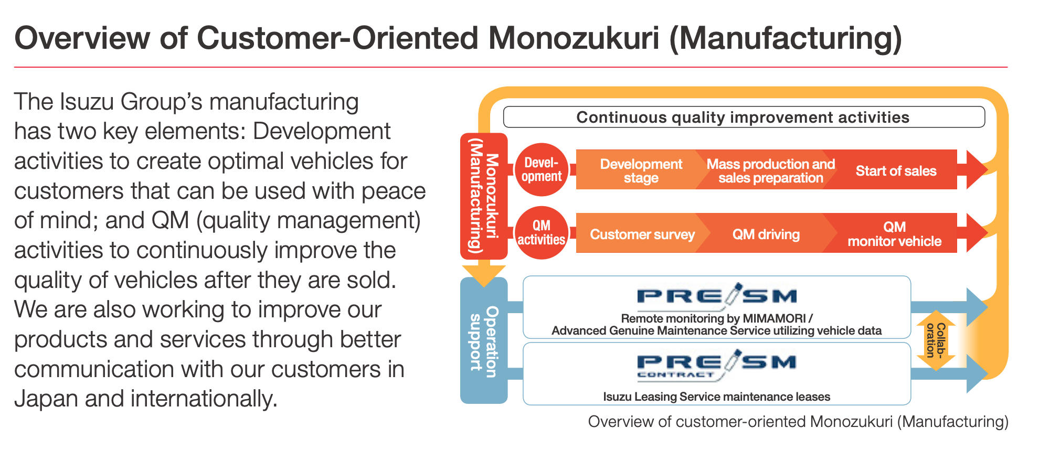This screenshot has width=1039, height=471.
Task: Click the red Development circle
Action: (542, 170)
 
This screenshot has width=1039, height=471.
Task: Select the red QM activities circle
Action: (542, 233)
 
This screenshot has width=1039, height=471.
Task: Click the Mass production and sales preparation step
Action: (769, 170)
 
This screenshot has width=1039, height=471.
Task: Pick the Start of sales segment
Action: (896, 170)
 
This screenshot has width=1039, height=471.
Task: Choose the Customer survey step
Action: (641, 234)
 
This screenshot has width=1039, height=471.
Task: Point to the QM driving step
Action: (766, 234)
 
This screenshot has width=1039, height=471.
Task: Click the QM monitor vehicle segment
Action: (894, 234)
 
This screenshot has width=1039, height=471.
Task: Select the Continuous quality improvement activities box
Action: (743, 117)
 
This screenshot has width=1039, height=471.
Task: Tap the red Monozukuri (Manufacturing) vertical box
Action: (483, 196)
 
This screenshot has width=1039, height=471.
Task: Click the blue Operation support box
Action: (483, 341)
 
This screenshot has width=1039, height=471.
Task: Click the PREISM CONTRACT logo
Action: (716, 365)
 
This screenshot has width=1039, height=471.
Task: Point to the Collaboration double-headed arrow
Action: (936, 340)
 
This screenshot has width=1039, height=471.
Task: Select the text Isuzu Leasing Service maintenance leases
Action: (716, 397)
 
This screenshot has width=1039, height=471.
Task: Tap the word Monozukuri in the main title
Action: (574, 38)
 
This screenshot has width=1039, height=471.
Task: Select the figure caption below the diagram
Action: (798, 422)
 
